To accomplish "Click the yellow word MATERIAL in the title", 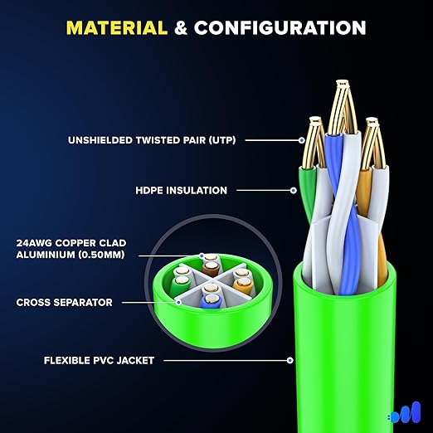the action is pos(117,28).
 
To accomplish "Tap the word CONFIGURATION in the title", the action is pos(280,28).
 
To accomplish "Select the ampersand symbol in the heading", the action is pos(181,28).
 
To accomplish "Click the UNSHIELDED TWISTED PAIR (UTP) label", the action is pos(152,140).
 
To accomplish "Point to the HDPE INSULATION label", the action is pos(181,190).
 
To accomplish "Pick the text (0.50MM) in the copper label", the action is pos(101,255).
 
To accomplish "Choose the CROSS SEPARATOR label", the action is pos(65,302).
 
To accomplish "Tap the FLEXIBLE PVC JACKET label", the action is pos(99,360).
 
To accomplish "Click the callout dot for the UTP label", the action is pos(302,140).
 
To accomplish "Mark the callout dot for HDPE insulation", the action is pos(294,190).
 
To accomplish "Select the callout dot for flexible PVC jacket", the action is pos(289,360).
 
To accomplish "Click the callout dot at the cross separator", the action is pos(178,302).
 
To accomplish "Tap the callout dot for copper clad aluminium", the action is pos(202,255).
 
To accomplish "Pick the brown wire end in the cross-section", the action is pos(212,268).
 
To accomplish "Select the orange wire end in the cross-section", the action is pos(243,285).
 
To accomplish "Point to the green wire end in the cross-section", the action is pos(180,283).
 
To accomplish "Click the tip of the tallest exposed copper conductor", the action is pos(343,81).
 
